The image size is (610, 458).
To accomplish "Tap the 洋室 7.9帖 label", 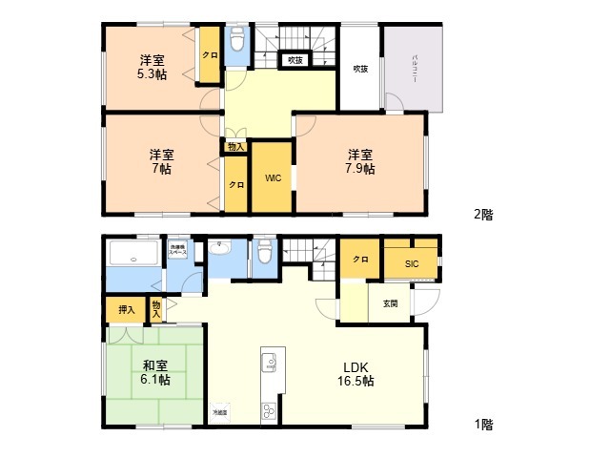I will tap(359, 161).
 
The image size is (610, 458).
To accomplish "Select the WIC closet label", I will tap(272, 177).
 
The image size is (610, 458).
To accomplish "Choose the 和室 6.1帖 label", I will tap(156, 372).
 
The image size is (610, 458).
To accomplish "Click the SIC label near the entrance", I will tap(411, 263).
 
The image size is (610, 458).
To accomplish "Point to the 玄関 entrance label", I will tap(391, 304).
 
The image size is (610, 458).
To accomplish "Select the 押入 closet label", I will tap(126, 309).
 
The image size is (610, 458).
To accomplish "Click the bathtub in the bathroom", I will tap(133, 255).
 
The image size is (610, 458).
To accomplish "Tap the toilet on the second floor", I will tap(238, 41).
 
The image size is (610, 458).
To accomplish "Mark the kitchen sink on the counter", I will tap(269, 363).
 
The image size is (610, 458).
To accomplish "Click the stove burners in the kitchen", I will tap(268, 411).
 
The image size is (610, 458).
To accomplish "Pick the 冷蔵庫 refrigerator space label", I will tap(220, 411).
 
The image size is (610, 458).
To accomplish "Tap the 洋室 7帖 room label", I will tap(160, 161).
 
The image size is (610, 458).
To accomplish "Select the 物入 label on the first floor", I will tap(157, 307).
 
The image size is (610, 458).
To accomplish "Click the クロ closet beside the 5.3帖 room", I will tap(209, 55).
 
